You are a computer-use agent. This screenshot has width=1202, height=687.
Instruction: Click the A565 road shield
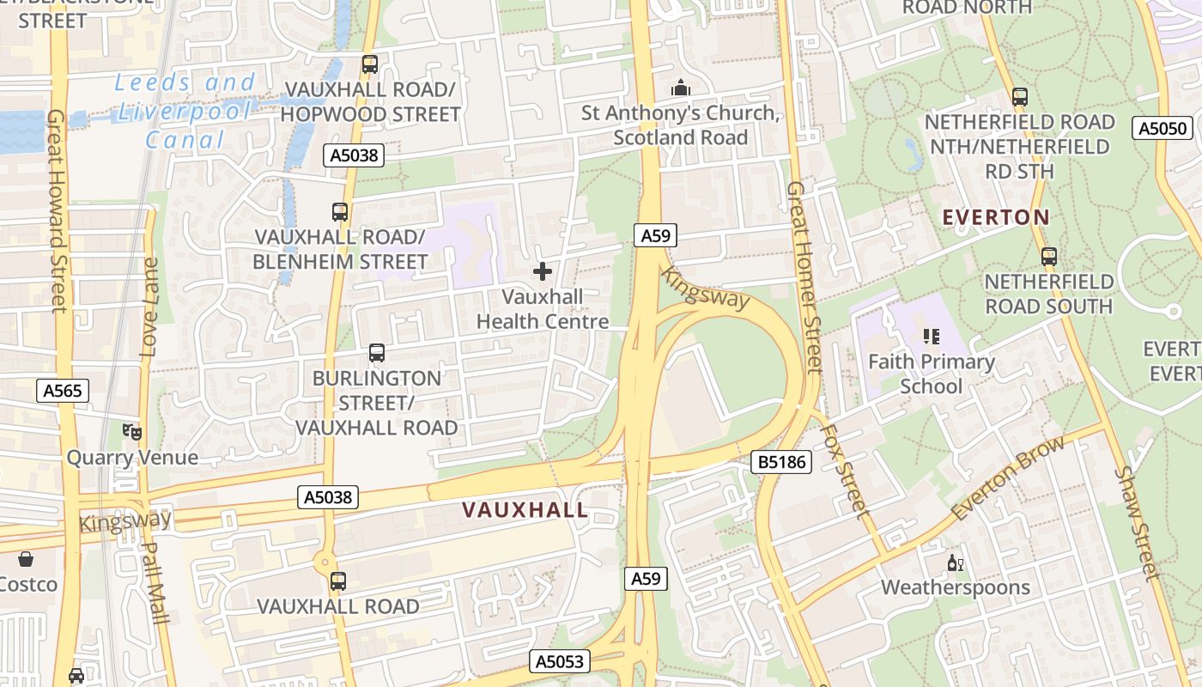(x=63, y=392)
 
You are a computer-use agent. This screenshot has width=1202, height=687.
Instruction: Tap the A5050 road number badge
(x=1163, y=129)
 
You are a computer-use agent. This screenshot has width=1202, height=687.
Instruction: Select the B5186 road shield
(x=781, y=462)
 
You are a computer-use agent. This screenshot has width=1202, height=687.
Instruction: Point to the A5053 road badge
(x=560, y=660)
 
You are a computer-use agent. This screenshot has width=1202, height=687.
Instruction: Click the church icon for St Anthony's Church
(x=681, y=88)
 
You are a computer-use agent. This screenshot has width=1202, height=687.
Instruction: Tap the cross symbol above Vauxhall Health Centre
(x=543, y=272)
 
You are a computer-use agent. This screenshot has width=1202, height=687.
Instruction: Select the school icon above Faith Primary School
(x=932, y=337)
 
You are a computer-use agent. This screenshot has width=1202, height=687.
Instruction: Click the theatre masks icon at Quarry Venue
(x=131, y=432)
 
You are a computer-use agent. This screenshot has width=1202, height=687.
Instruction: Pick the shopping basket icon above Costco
(x=26, y=559)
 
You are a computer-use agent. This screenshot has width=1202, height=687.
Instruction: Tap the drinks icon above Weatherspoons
(x=955, y=563)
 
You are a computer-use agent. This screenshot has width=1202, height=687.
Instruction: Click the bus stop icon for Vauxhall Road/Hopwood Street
(x=370, y=64)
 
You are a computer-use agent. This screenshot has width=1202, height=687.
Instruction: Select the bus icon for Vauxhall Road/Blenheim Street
(x=340, y=211)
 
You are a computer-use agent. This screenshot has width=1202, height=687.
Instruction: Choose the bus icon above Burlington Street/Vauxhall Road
(x=376, y=353)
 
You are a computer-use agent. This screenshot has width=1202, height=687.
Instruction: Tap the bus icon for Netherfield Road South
(x=1048, y=257)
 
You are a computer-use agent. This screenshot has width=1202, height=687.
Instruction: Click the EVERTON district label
(x=996, y=217)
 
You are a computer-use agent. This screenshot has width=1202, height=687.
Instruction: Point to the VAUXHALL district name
(x=525, y=510)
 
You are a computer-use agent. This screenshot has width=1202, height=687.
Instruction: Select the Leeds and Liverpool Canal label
(x=185, y=111)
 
